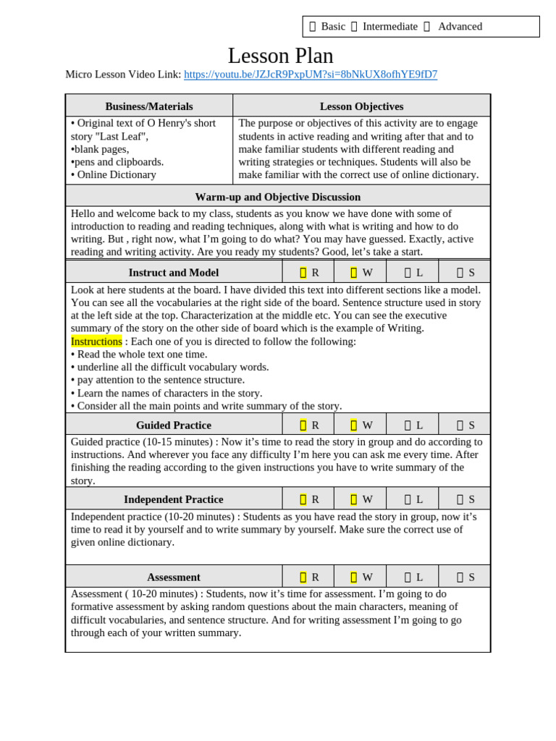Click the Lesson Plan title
280,56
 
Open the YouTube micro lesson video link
310,75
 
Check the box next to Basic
313,27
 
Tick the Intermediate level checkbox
354,27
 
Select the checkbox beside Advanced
426,27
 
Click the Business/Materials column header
149,106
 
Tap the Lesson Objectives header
361,106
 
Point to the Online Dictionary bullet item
114,174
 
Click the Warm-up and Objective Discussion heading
277,197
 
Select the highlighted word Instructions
96,342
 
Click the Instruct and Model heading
174,273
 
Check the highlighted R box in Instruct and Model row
303,273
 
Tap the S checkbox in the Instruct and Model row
460,273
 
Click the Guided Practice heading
174,425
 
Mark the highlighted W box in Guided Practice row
354,425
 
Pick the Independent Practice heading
174,499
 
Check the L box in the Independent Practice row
408,499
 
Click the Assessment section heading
174,577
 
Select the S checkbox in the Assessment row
460,577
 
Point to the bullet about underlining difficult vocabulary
170,367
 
